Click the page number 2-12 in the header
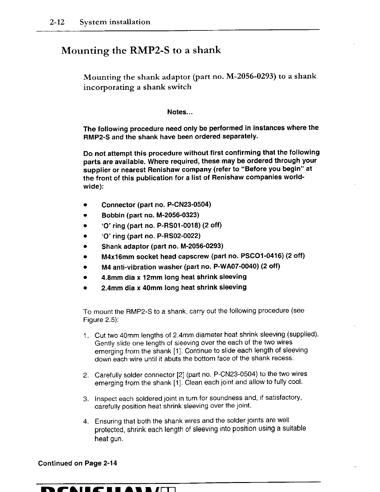(57, 22)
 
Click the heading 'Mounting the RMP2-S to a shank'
(141, 50)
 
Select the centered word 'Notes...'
(180, 112)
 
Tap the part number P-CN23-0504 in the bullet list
(192, 205)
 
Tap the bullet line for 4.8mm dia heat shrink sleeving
(174, 277)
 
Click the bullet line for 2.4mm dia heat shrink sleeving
(174, 287)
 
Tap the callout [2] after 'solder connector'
(180, 375)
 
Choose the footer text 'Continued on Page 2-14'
(78, 463)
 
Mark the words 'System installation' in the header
(115, 22)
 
